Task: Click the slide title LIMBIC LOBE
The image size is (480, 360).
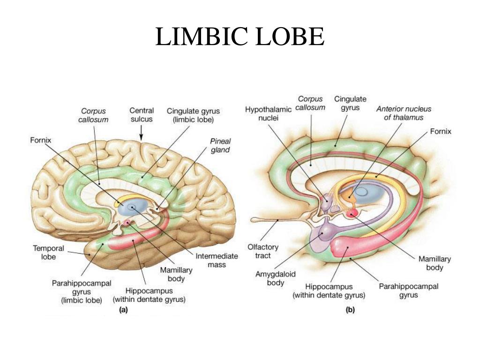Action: point(240,37)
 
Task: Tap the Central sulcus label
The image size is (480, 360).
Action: point(142,115)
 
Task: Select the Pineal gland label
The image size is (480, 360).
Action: point(220,145)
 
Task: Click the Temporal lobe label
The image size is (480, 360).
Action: point(48,252)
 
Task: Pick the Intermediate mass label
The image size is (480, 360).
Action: point(217,260)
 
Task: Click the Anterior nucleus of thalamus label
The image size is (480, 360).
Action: point(404,113)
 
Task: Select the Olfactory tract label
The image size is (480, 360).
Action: point(263,251)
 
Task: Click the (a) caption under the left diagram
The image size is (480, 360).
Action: point(124,309)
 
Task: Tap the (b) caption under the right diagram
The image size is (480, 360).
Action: point(350,309)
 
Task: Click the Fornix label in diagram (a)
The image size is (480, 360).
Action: point(40,140)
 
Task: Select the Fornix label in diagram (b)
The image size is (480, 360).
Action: point(441,131)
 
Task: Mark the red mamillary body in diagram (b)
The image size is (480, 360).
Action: point(352,214)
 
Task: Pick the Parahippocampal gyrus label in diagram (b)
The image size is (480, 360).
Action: point(408,290)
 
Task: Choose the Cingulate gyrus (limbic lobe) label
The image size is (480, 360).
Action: point(193,115)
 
